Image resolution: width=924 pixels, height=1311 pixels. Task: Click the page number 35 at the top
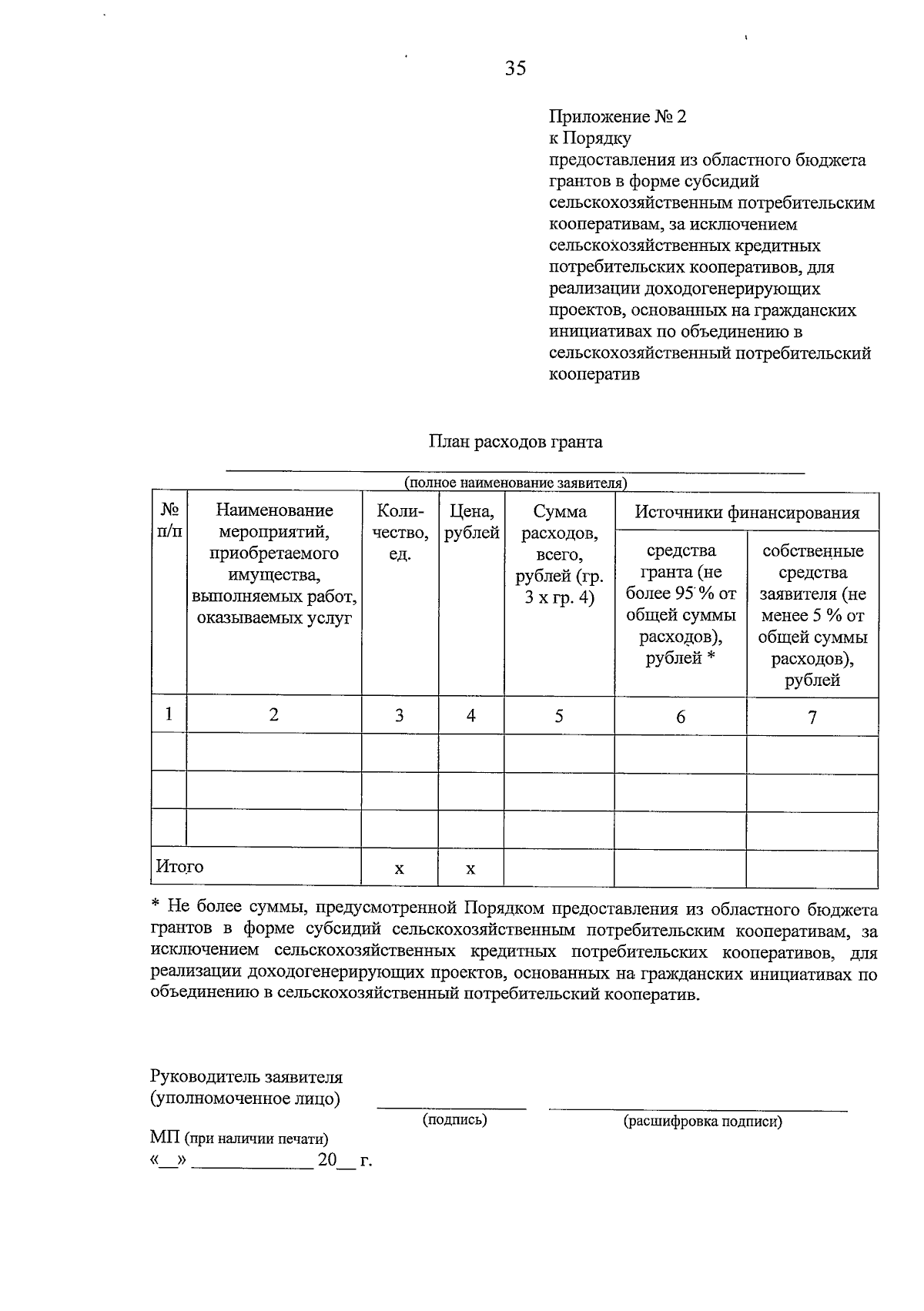tap(516, 69)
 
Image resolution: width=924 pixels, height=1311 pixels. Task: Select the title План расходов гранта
tap(515, 442)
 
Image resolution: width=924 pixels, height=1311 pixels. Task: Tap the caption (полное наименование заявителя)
tap(516, 483)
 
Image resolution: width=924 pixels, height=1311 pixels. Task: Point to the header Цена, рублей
tap(471, 522)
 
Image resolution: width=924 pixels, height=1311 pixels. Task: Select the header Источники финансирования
tap(746, 513)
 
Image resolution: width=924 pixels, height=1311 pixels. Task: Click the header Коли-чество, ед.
tap(400, 532)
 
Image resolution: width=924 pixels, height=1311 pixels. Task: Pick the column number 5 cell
tap(559, 717)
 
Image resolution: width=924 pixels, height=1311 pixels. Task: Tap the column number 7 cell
tap(812, 717)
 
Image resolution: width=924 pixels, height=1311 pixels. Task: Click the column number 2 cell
tap(273, 715)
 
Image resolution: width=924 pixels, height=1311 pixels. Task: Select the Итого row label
tap(179, 867)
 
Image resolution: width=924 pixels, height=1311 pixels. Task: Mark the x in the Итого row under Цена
tap(470, 869)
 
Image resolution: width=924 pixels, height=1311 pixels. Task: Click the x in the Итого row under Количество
tap(399, 869)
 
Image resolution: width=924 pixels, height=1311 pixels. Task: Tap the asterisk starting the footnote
tap(155, 905)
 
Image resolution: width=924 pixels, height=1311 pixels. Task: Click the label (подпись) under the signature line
tap(454, 1120)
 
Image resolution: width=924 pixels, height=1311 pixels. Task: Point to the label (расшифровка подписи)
tap(702, 1122)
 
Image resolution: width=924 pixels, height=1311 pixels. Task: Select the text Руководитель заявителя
tap(246, 1077)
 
